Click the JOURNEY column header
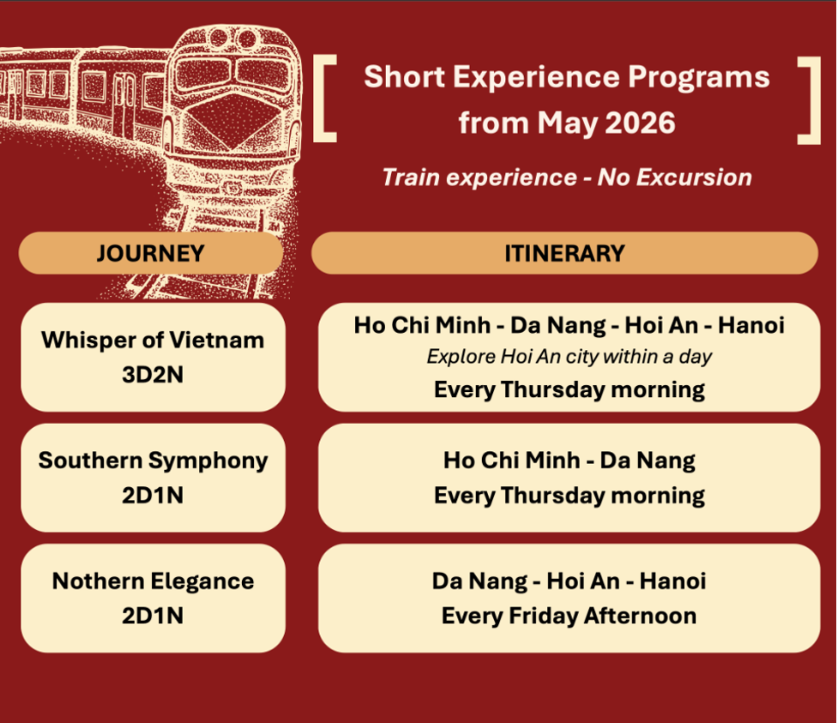[151, 253]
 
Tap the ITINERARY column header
[565, 253]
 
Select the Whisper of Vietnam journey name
[153, 340]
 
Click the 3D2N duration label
[153, 375]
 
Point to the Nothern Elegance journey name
[153, 581]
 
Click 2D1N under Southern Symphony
[153, 496]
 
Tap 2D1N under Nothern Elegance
[153, 616]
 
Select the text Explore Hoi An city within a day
[570, 357]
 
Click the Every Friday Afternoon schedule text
[570, 616]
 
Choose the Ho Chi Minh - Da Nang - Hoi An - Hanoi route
[570, 325]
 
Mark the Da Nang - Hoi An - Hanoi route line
[570, 581]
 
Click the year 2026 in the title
[640, 123]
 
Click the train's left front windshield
[202, 75]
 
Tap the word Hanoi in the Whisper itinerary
[751, 325]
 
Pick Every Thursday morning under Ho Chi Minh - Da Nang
[570, 496]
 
